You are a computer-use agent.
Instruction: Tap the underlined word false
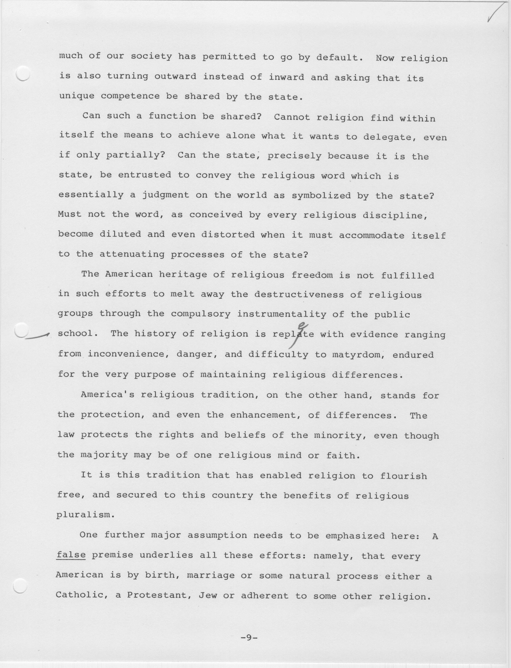coord(71,554)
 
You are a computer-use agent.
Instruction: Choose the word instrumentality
coord(281,314)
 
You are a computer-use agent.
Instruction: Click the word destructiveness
coord(299,294)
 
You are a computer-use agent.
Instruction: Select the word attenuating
coord(132,254)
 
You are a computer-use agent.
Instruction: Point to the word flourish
coord(403,476)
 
